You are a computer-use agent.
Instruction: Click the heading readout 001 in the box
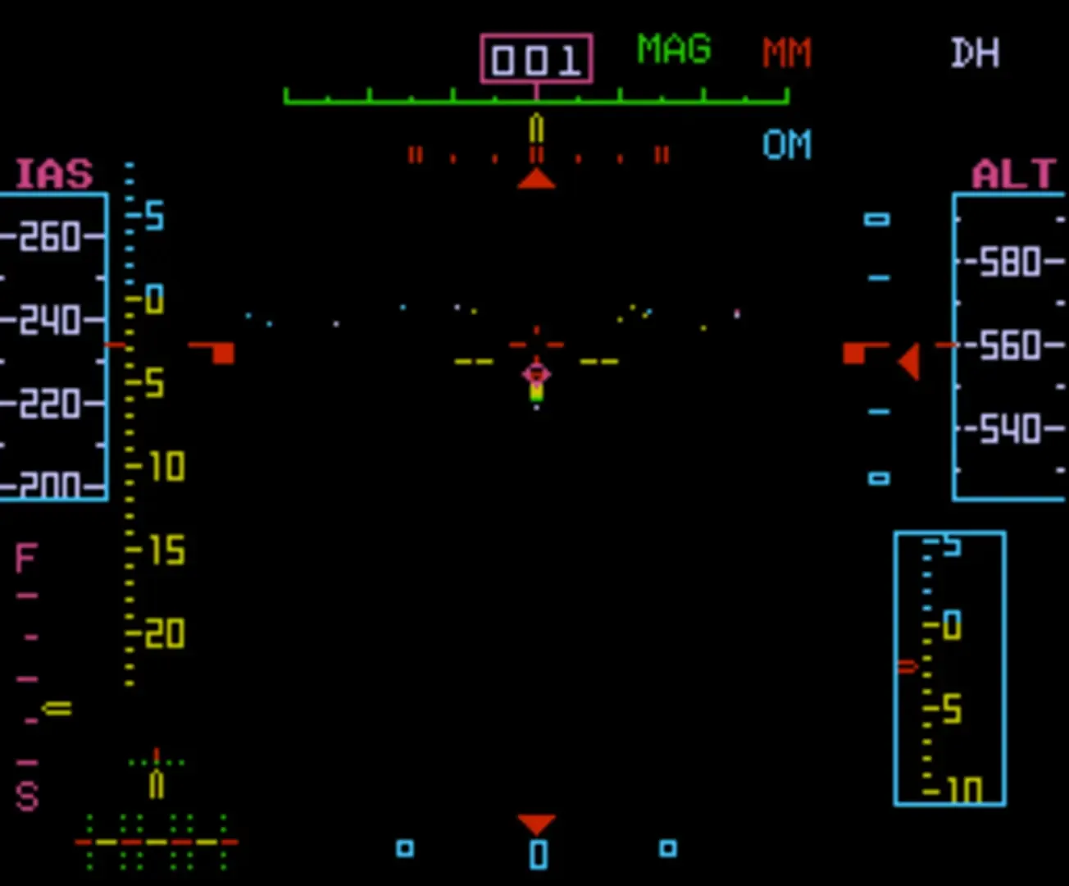coord(536,59)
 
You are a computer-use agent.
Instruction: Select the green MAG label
coord(674,50)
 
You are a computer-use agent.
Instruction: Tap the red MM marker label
coord(786,53)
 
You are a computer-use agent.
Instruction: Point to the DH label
coord(975,53)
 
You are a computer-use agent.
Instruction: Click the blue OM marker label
coord(786,145)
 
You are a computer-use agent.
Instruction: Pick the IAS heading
coord(54,175)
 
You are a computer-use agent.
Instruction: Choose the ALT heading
coord(1013,175)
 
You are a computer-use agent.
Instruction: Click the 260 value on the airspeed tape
coord(51,237)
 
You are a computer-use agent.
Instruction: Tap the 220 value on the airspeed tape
coord(51,404)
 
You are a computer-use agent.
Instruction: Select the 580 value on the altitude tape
coord(1010,263)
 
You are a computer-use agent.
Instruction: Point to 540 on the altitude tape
coord(1010,429)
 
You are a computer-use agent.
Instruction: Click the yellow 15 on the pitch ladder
coord(166,550)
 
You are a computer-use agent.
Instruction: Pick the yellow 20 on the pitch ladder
coord(166,634)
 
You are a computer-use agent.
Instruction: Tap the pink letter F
coord(25,559)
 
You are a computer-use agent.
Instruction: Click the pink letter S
coord(27,797)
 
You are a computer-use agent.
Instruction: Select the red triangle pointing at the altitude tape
coord(908,362)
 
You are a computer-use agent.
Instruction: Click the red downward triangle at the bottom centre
coord(536,823)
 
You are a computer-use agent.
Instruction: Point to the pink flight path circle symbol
coord(536,374)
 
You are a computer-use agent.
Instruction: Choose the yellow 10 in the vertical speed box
coord(962,789)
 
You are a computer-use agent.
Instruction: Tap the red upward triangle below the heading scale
coord(536,179)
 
